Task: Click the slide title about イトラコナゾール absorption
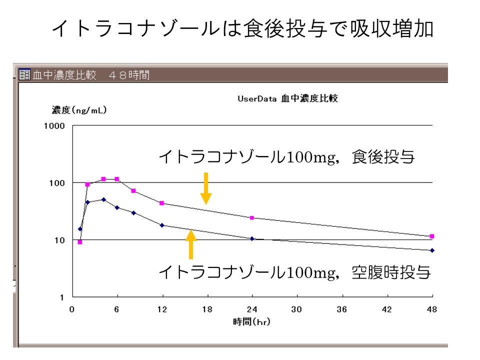coord(242,29)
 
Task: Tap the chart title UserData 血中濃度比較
coord(288,99)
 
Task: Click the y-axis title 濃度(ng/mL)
coord(79,110)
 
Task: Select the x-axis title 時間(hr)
coord(251,322)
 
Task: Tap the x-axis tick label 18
coord(207,309)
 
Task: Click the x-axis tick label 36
coord(342,309)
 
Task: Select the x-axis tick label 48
coord(432,309)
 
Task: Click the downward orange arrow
coord(205,188)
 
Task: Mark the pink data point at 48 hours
coord(432,236)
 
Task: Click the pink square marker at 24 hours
coord(252,218)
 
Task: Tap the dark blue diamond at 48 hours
coord(432,250)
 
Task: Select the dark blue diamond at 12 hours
coord(162,225)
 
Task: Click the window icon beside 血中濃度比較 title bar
coord(24,75)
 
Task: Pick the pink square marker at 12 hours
coord(162,203)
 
